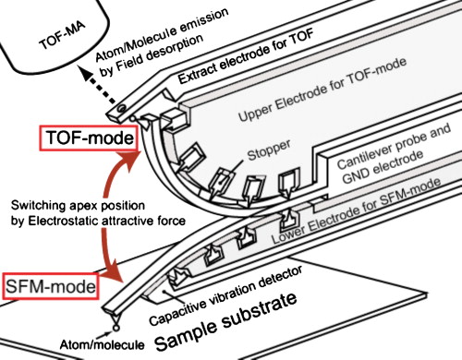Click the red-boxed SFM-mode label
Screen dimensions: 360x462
[x=49, y=287]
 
